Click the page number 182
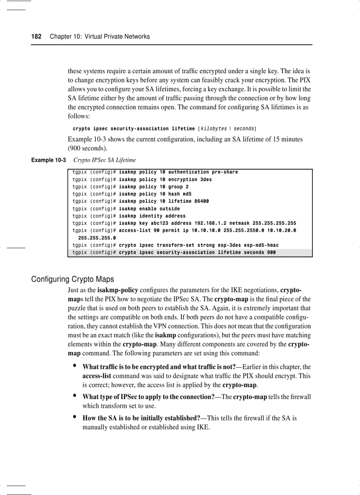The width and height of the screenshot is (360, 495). click(x=36, y=37)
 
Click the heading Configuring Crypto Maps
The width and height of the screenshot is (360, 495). click(x=72, y=279)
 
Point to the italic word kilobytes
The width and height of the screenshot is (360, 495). click(x=214, y=129)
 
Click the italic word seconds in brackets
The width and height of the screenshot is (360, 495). click(x=244, y=129)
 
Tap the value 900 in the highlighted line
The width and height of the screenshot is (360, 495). click(x=271, y=253)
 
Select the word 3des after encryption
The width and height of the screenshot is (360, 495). click(x=206, y=179)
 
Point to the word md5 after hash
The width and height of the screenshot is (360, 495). click(x=187, y=194)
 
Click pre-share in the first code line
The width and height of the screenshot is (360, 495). click(x=225, y=172)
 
